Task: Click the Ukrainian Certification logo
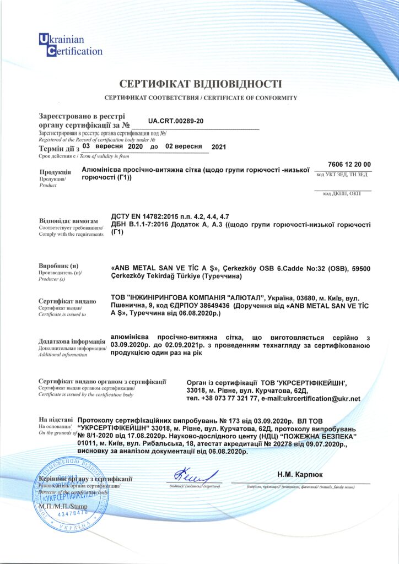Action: [69, 45]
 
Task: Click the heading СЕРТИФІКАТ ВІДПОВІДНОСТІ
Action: [201, 84]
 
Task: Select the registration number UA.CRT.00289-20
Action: [176, 121]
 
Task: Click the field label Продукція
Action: [55, 172]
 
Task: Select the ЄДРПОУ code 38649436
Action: [210, 305]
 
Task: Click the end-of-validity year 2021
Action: [219, 147]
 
